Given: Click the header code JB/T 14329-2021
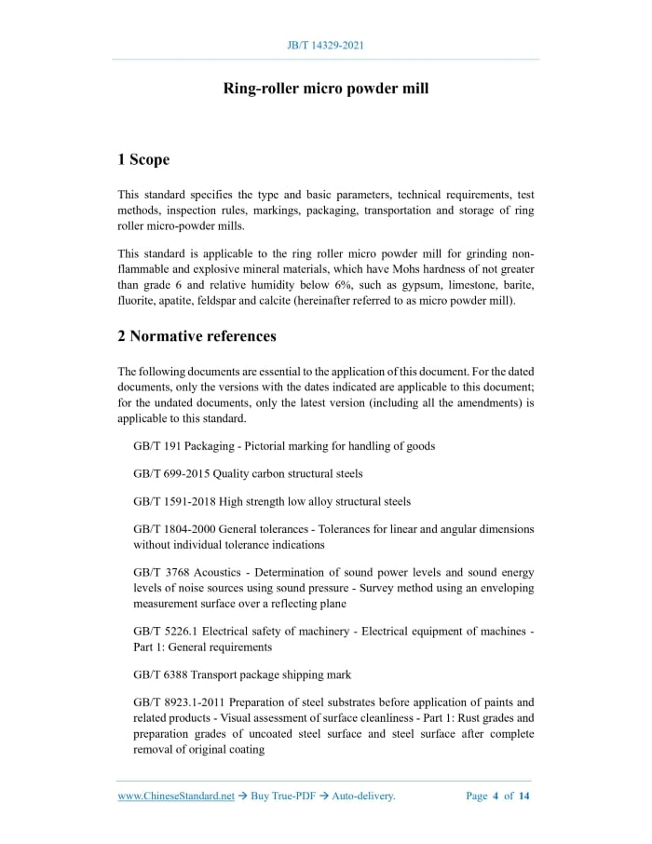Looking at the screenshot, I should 325,45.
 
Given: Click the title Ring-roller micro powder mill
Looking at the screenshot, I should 325,88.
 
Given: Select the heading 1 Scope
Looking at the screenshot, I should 143,159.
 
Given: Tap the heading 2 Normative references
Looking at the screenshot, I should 197,335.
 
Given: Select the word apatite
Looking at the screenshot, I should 173,301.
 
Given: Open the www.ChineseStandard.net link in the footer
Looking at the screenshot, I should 176,796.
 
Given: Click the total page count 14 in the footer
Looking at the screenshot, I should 524,796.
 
